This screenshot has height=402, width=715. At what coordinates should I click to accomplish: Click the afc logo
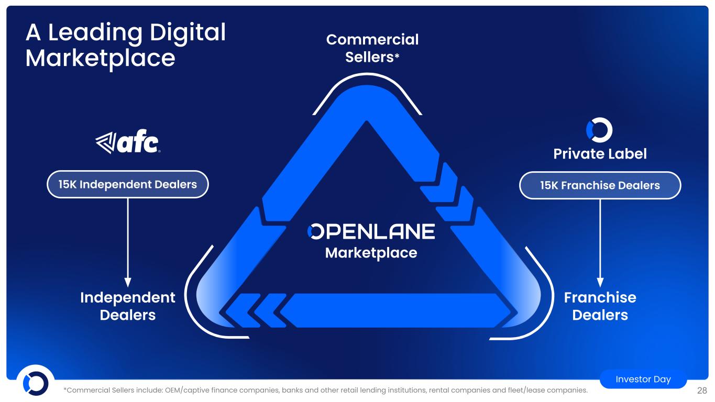tap(127, 142)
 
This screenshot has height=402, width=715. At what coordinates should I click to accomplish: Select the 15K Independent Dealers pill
tap(128, 184)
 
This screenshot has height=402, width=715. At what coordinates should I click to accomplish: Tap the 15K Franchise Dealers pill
tap(600, 185)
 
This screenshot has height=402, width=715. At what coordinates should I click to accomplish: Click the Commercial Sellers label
tap(372, 48)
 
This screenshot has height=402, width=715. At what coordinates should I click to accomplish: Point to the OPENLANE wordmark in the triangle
tap(371, 231)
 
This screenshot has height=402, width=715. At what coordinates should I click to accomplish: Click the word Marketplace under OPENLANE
tap(371, 253)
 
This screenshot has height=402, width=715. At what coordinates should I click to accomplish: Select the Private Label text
tap(600, 154)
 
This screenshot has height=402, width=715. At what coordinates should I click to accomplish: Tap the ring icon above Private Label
tap(599, 130)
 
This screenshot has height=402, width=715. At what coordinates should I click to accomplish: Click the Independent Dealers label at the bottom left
tap(128, 306)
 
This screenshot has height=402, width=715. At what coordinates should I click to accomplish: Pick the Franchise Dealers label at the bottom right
tap(600, 306)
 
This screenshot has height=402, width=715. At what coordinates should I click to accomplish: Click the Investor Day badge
tap(643, 379)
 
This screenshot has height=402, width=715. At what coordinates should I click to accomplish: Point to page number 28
tap(702, 390)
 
